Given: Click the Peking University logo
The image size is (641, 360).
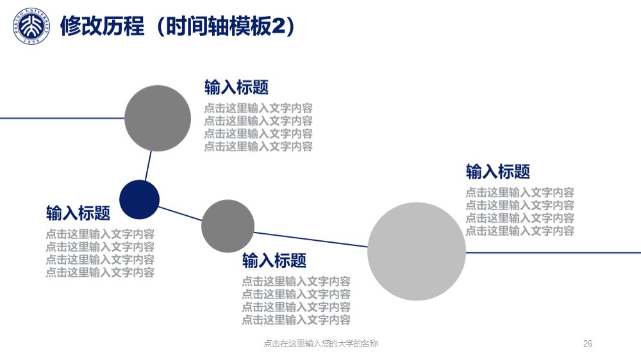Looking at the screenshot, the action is (31, 26).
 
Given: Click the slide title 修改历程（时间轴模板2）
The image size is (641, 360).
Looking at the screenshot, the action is (178, 26).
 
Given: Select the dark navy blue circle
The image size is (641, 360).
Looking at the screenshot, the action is (139, 199).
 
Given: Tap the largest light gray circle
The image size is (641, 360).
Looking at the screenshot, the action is (417, 251).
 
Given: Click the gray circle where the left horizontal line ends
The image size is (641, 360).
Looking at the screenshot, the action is (158, 119).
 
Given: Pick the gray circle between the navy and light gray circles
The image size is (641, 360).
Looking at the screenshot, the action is (228, 226).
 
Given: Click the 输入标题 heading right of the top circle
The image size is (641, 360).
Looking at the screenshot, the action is (237, 88).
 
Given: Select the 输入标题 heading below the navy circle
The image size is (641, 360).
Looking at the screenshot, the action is (78, 213).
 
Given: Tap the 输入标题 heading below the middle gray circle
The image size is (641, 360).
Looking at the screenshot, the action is (274, 260).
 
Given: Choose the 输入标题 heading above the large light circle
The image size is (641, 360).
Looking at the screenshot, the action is (498, 172).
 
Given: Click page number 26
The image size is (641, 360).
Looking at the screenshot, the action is (587, 343).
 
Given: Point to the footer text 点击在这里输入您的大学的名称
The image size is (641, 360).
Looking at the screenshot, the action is (320, 343).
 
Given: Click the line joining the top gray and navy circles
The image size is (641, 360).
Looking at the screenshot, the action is (147, 166).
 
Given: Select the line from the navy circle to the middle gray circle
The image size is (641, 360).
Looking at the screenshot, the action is (180, 213).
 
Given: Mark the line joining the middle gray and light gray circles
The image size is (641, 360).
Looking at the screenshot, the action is (311, 240).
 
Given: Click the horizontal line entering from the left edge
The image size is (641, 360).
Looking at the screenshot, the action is (62, 119).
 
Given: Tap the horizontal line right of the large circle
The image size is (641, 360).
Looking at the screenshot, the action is (553, 252).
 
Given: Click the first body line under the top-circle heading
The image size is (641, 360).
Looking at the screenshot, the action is (258, 108).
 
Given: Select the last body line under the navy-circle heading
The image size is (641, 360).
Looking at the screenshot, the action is (100, 272).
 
